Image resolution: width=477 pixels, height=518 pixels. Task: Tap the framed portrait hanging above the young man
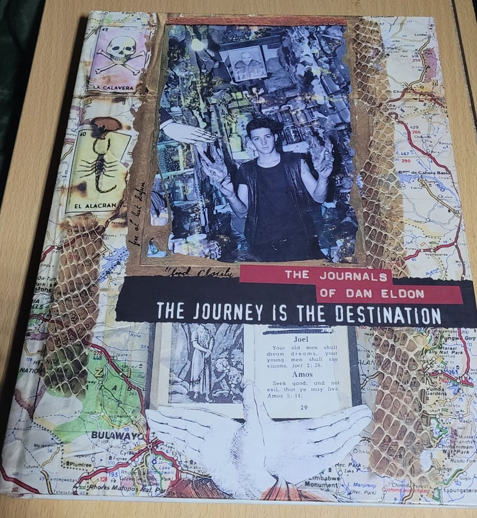coord(247,63)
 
